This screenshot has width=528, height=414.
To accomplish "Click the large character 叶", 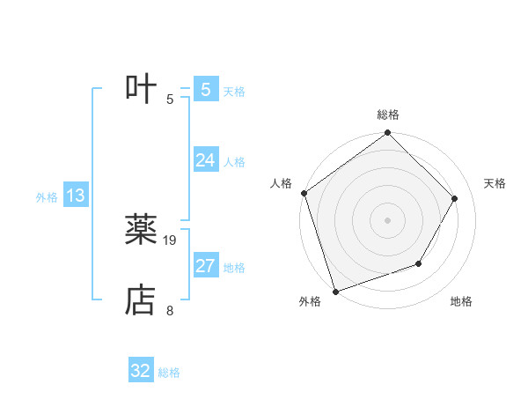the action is click(x=141, y=89).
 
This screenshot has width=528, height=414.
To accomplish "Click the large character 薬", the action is click(x=141, y=230).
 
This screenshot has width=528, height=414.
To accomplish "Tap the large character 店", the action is click(x=141, y=299).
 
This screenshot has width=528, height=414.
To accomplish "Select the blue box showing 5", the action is click(x=206, y=90).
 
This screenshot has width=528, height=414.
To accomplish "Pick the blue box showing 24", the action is click(x=206, y=160).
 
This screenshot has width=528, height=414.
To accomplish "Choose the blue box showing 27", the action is click(x=206, y=266).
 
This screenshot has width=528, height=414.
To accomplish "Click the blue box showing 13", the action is click(x=76, y=196).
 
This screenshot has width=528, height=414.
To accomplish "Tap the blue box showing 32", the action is click(x=141, y=371).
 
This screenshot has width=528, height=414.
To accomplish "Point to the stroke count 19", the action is click(x=171, y=240).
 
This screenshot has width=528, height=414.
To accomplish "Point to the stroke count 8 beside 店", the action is click(x=170, y=310).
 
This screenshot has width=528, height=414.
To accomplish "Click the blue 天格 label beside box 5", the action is click(x=234, y=92).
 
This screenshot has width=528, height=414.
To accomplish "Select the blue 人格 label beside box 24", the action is click(x=234, y=162).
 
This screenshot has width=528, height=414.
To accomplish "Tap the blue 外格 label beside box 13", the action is click(x=47, y=197).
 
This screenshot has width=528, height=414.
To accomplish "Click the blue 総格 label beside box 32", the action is click(x=169, y=373).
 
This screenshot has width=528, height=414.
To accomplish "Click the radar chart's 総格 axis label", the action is click(x=388, y=115).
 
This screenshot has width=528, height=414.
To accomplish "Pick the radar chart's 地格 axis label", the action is click(x=461, y=301).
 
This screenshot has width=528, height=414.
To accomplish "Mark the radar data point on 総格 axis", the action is click(x=388, y=133).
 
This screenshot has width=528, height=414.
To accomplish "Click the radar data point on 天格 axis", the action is click(x=455, y=198).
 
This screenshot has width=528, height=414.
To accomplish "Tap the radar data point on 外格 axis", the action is click(x=336, y=291).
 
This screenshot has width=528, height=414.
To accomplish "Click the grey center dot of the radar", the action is click(x=388, y=219).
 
